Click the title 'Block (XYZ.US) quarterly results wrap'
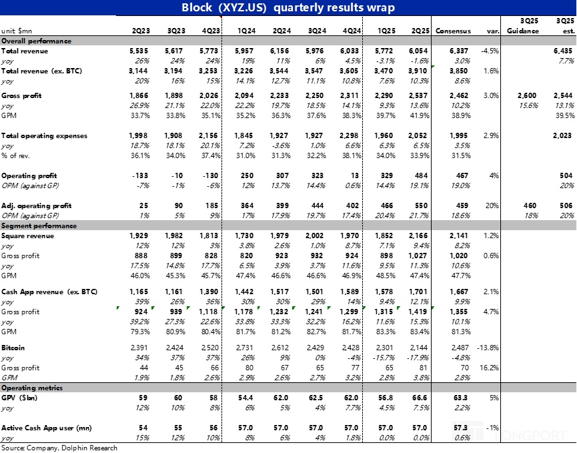pyautogui.click(x=288, y=8)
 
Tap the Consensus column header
pyautogui.click(x=453, y=31)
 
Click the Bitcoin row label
pyautogui.click(x=13, y=348)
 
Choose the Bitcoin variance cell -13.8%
pyautogui.click(x=486, y=348)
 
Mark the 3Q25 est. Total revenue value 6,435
pyautogui.click(x=563, y=51)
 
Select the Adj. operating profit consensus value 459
pyautogui.click(x=461, y=206)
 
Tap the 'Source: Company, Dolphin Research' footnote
pyautogui.click(x=59, y=448)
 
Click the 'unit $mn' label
pyautogui.click(x=16, y=31)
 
